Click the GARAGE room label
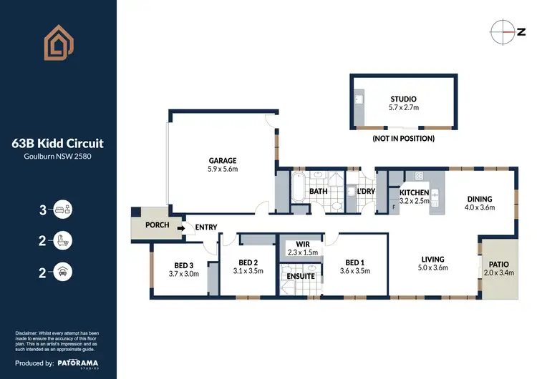pyautogui.click(x=223, y=161)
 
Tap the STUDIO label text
pyautogui.click(x=403, y=99)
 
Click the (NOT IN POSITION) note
pyautogui.click(x=403, y=138)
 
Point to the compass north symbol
pyautogui.click(x=503, y=31)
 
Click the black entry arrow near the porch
pyautogui.click(x=180, y=228)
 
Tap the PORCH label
pyautogui.click(x=157, y=225)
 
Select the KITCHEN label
pyautogui.click(x=414, y=192)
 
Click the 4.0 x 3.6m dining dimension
pyautogui.click(x=480, y=208)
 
